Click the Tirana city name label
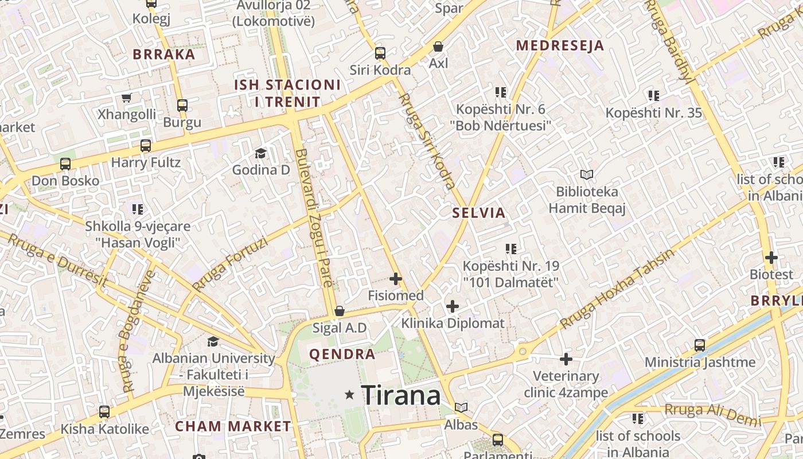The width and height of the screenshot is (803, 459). (x=401, y=395)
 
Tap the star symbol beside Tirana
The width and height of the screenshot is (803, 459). (x=349, y=395)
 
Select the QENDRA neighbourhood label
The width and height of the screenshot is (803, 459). (x=342, y=354)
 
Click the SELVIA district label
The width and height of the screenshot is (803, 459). (x=479, y=213)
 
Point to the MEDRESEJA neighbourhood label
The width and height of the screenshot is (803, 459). (x=560, y=46)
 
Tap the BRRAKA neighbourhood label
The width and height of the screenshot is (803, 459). (x=164, y=55)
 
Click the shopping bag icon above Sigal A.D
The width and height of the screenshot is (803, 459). (x=340, y=311)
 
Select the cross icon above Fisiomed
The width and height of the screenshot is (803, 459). (x=396, y=279)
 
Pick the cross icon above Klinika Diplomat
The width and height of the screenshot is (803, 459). (x=453, y=306)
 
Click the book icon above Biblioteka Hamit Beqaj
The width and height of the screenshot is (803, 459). (x=586, y=174)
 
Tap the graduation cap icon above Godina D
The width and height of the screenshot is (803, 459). (x=261, y=153)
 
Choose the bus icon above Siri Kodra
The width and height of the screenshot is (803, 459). (x=380, y=53)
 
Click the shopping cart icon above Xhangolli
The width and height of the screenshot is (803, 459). (x=126, y=98)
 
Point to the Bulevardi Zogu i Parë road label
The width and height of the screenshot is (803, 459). (x=314, y=218)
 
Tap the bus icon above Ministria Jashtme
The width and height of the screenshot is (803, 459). (x=700, y=345)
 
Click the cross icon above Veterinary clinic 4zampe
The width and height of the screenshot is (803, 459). (x=566, y=360)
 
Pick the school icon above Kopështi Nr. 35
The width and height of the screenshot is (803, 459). (x=653, y=95)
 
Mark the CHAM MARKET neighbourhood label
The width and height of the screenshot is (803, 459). (x=233, y=426)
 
